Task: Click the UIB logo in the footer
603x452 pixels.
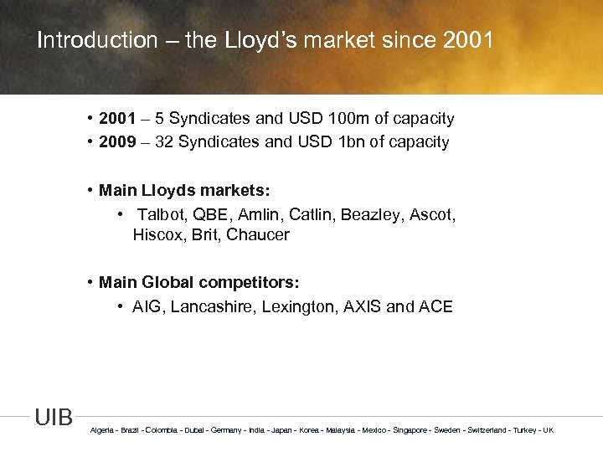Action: (54, 418)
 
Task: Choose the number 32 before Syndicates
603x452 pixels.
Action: (164, 142)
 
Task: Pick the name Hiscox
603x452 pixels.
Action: (158, 235)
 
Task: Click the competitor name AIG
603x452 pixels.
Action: (147, 307)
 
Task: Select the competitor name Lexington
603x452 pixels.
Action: (296, 307)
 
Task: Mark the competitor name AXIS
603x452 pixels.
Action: (362, 307)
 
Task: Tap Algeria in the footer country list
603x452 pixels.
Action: (102, 430)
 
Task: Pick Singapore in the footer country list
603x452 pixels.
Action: (410, 430)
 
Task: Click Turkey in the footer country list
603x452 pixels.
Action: (525, 430)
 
